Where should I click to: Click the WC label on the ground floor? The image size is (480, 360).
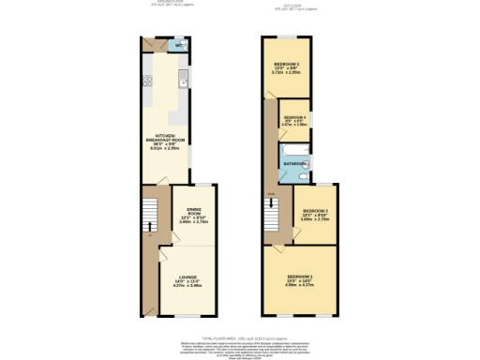point(178,44)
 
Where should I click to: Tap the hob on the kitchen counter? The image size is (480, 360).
point(147,82)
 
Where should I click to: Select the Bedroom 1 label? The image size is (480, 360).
point(300,277)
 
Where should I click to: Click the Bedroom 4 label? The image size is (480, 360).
point(295,117)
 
